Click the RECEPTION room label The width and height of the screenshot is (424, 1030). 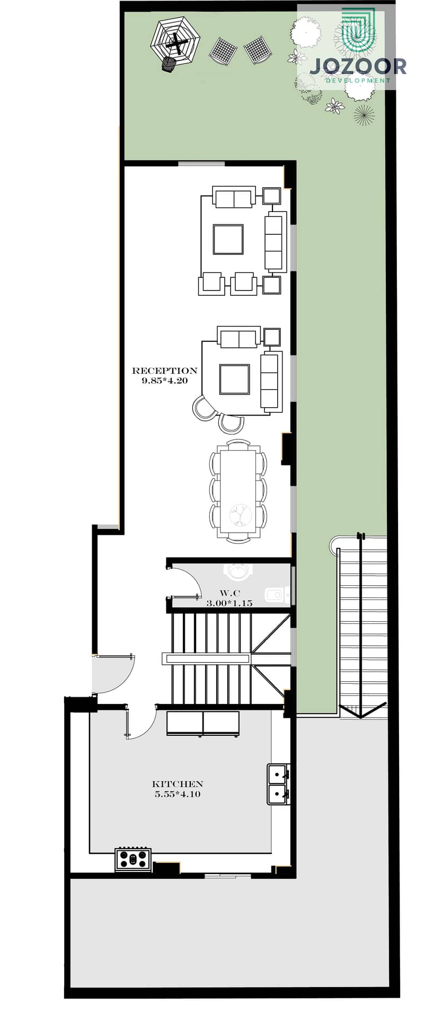[x=164, y=371]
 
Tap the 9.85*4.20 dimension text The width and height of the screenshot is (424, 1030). [x=164, y=381]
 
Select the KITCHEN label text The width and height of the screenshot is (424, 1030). [x=178, y=783]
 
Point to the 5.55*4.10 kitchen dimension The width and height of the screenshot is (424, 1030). [x=178, y=794]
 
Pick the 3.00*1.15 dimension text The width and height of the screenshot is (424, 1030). [x=229, y=603]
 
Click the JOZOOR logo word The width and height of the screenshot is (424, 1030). [x=358, y=67]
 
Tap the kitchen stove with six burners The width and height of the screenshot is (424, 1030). [x=133, y=859]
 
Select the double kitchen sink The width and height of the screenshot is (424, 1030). [x=278, y=784]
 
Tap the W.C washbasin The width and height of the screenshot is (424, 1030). [x=275, y=595]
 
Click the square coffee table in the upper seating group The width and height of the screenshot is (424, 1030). [x=228, y=239]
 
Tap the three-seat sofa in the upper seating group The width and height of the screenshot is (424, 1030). [x=275, y=242]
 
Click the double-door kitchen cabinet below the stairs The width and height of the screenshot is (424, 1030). [x=203, y=724]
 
